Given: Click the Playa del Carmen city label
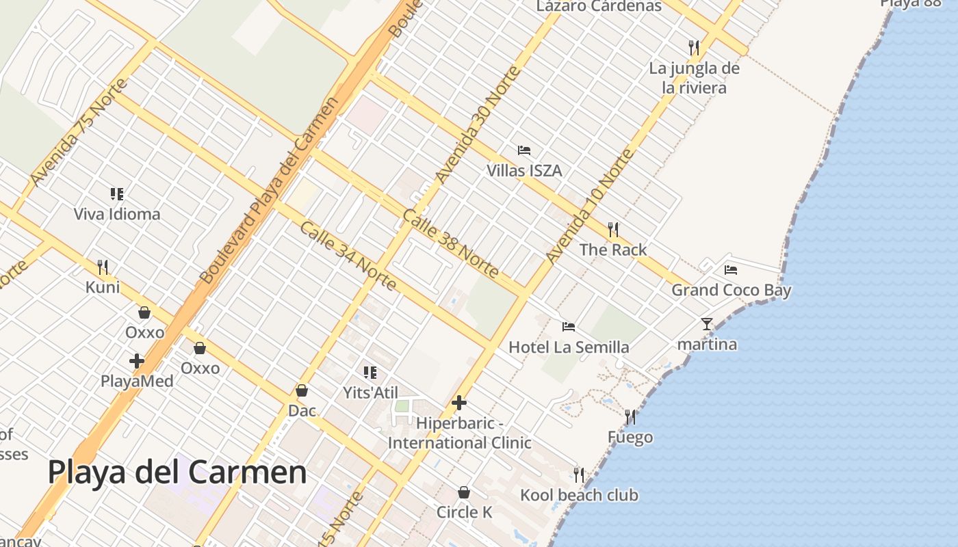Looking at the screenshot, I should [177, 472].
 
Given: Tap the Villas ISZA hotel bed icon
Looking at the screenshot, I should [524, 150].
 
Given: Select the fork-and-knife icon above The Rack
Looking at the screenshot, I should [613, 229].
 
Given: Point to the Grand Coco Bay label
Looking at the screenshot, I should [731, 290].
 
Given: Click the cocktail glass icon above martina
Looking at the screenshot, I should [707, 323].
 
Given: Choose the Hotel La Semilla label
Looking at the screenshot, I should [569, 347].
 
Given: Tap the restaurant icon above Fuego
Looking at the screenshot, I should [630, 416].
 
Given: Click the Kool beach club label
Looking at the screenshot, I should [579, 495].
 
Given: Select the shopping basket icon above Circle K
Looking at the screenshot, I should [464, 492].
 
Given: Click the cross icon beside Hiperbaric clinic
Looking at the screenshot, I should [459, 403].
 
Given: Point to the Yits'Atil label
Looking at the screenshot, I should [370, 392].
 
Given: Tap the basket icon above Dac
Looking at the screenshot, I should [302, 390].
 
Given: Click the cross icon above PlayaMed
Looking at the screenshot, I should [137, 360].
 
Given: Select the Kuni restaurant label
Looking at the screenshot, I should [103, 287].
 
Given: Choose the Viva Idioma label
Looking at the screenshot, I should [117, 214].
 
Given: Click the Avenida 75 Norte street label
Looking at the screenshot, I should [79, 132].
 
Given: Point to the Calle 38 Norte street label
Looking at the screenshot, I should [450, 243].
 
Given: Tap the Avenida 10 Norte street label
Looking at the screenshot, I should [590, 206].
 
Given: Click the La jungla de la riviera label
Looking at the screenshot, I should [695, 78].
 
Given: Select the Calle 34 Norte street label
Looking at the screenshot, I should [348, 255].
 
